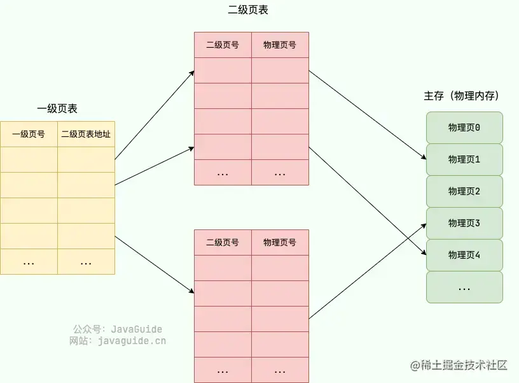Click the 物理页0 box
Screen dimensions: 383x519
pyautogui.click(x=464, y=127)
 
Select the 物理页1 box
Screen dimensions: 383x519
pyautogui.click(x=464, y=159)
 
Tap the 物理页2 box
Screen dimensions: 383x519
pyautogui.click(x=464, y=191)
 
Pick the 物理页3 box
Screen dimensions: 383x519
pyautogui.click(x=464, y=223)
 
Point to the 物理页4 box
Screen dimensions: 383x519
pyautogui.click(x=464, y=255)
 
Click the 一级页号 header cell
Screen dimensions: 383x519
pyautogui.click(x=29, y=134)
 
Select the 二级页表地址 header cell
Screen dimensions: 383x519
pyautogui.click(x=86, y=134)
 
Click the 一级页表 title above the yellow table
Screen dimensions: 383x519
pyautogui.click(x=57, y=109)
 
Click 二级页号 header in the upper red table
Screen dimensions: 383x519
pyautogui.click(x=223, y=45)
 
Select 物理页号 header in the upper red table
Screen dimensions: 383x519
pyautogui.click(x=280, y=45)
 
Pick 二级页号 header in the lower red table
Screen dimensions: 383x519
pyautogui.click(x=223, y=243)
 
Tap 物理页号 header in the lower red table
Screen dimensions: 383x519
pyautogui.click(x=280, y=243)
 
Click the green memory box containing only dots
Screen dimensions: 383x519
pyautogui.click(x=464, y=287)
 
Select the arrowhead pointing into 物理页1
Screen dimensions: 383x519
pyautogui.click(x=424, y=158)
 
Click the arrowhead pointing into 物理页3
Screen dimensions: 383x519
pyautogui.click(x=424, y=225)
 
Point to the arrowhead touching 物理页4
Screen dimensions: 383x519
pyautogui.click(x=424, y=254)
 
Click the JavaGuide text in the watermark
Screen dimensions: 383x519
pyautogui.click(x=136, y=329)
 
